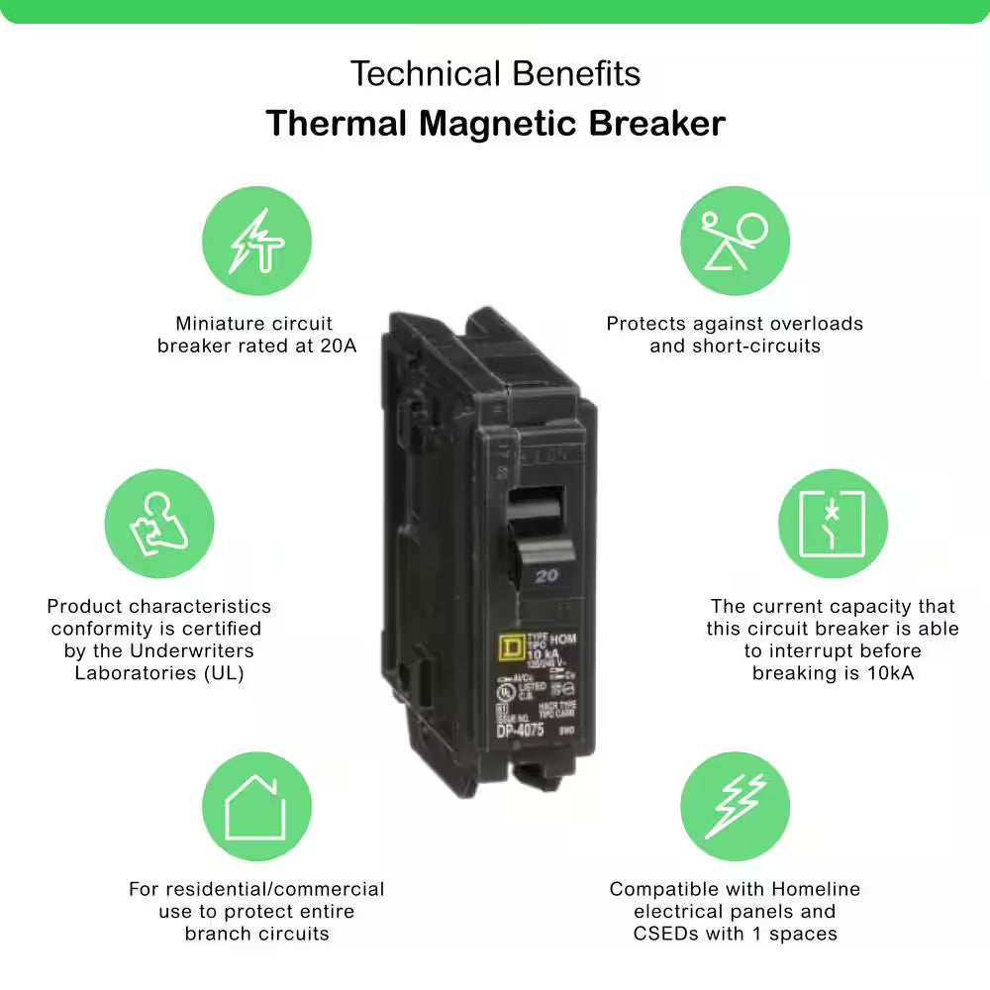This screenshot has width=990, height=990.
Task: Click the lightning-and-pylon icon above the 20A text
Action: pos(256,241)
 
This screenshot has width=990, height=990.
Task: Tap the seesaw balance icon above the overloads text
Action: pos(735,241)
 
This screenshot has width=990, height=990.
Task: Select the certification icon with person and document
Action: pos(158,524)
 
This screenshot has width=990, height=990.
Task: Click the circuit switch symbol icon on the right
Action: pos(832,524)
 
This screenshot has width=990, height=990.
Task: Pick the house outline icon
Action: pos(256,806)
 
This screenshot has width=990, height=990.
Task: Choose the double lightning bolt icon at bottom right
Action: pos(735,806)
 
